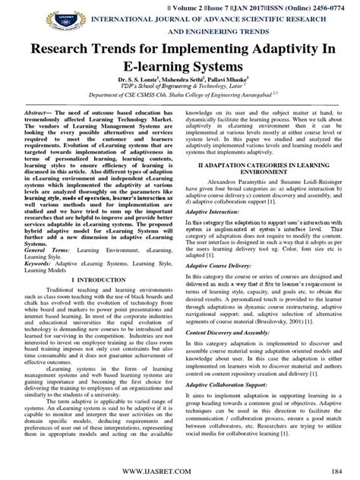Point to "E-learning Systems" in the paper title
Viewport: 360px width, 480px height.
click(180, 74)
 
